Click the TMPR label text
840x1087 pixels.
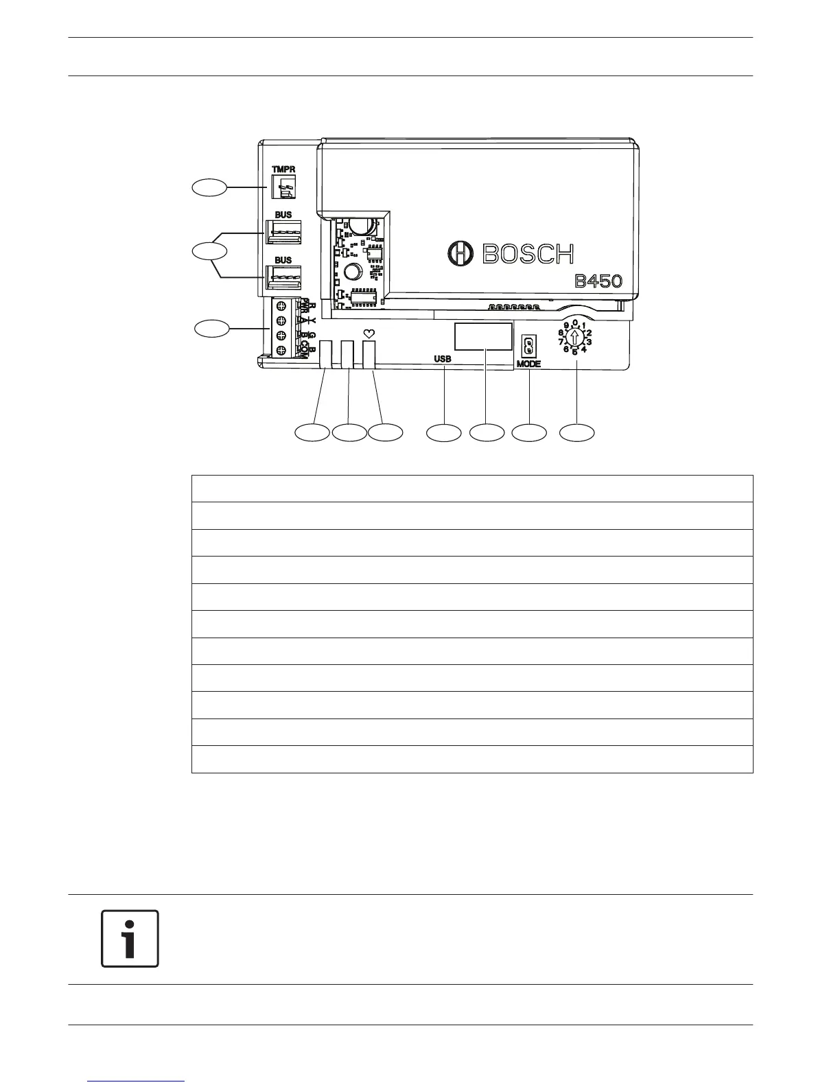[283, 169]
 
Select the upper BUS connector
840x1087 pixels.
[283, 232]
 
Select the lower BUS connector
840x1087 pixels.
[283, 277]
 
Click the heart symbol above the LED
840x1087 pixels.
[369, 334]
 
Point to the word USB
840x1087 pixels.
[443, 358]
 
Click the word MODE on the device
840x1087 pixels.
[529, 364]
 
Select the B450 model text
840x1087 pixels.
[598, 282]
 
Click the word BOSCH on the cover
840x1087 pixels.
[528, 254]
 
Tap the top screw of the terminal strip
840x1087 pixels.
[281, 306]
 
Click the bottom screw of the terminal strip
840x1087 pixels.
[281, 351]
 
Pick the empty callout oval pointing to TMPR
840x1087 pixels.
[209, 187]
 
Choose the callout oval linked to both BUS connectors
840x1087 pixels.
[209, 251]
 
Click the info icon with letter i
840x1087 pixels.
[130, 939]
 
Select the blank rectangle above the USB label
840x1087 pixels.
[483, 336]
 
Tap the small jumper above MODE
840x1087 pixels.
[528, 344]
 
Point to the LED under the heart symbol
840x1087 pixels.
[369, 354]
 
